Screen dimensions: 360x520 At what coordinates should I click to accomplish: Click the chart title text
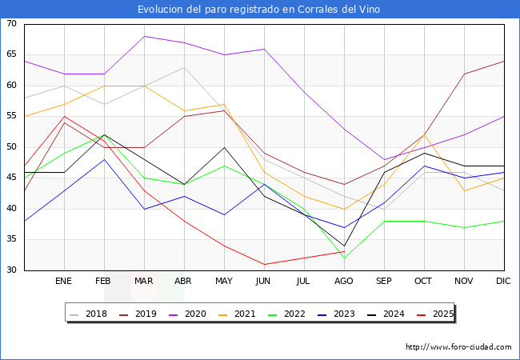259,10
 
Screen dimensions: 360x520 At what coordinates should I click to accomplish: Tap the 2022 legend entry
307,314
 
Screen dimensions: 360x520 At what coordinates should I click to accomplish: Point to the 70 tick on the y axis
12,24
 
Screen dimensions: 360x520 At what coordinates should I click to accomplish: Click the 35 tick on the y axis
12,239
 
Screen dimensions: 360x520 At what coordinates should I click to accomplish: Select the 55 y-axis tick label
12,117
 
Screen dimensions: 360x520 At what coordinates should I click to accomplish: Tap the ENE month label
64,282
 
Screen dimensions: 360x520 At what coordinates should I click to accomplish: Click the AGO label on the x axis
344,282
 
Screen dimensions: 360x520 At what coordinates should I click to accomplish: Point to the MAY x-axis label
224,282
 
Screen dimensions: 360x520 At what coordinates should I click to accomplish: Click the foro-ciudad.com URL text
458,347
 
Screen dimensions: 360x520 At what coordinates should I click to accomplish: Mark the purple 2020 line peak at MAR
144,36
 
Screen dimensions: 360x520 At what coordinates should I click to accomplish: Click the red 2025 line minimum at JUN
264,264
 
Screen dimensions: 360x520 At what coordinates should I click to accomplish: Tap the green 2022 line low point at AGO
344,258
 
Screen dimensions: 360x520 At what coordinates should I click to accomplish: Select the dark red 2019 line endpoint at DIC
504,61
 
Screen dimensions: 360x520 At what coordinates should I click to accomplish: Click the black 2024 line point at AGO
344,246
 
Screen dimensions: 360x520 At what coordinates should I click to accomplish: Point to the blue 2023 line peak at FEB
104,159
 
